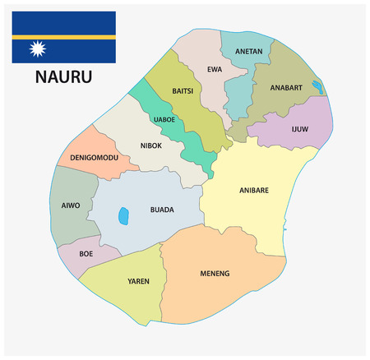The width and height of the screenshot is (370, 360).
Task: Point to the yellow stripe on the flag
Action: tap(63, 37)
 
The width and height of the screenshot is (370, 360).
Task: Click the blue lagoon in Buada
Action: tap(124, 215)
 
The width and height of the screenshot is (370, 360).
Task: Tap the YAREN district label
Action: tap(138, 282)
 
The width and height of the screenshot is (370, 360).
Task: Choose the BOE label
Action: tap(86, 253)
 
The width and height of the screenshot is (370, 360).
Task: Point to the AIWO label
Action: tap(71, 205)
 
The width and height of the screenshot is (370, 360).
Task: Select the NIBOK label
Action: tap(150, 147)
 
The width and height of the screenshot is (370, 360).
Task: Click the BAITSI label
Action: tap(183, 90)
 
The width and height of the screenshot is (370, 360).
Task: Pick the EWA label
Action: tap(215, 69)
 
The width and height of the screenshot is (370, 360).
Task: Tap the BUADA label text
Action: tap(162, 210)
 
